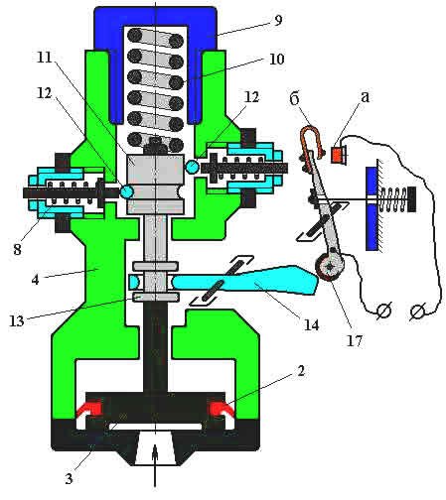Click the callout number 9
click(x=278, y=20)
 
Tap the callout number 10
click(x=276, y=60)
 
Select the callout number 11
click(x=45, y=58)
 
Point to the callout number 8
click(x=18, y=249)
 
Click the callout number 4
click(x=35, y=280)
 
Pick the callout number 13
click(x=17, y=320)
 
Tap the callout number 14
click(x=311, y=324)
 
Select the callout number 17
click(x=355, y=340)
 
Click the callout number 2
click(x=300, y=371)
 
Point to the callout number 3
click(x=69, y=478)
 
